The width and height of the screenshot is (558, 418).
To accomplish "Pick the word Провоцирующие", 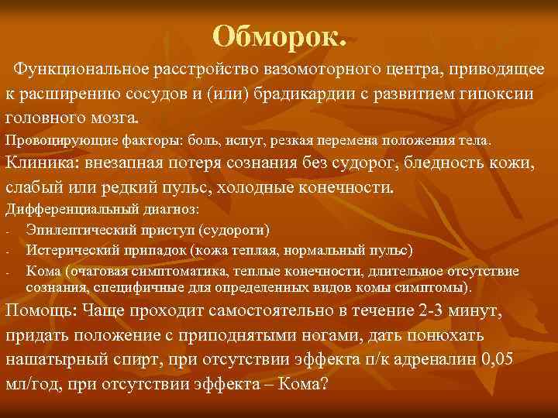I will [x=52, y=142].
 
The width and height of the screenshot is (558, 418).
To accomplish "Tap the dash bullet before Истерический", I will [x=7, y=252].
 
